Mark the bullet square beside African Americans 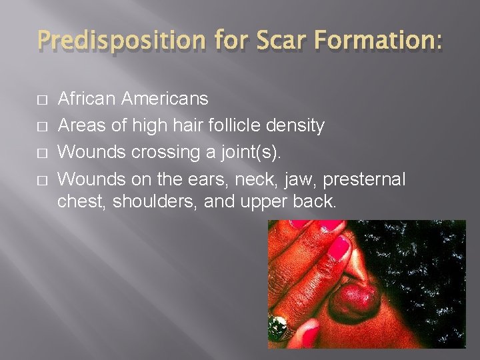42,100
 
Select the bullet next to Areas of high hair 42,125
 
